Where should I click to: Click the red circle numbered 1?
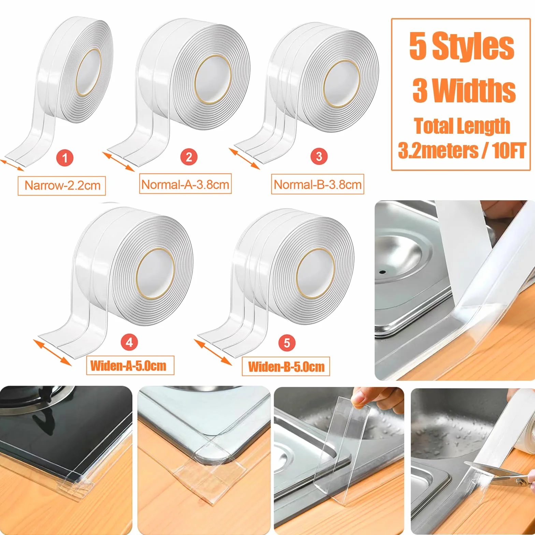tap(65, 158)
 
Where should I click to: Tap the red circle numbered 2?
tap(189, 157)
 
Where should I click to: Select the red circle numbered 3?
tap(319, 157)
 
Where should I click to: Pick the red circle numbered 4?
tap(129, 342)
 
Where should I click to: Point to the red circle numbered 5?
tap(287, 343)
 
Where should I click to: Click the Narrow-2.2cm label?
tap(62, 186)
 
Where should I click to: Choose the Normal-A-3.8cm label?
tap(185, 184)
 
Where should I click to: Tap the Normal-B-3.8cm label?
tap(318, 184)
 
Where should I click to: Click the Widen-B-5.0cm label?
tap(286, 366)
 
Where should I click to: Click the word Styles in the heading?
tap(473, 47)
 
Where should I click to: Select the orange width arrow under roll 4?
tap(53, 352)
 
